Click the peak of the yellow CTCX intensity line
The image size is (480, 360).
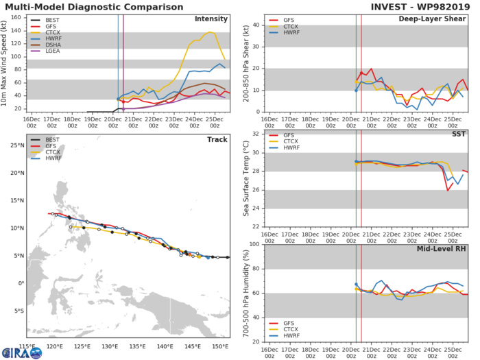click(x=210, y=32)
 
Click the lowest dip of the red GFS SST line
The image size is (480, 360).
click(x=448, y=190)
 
